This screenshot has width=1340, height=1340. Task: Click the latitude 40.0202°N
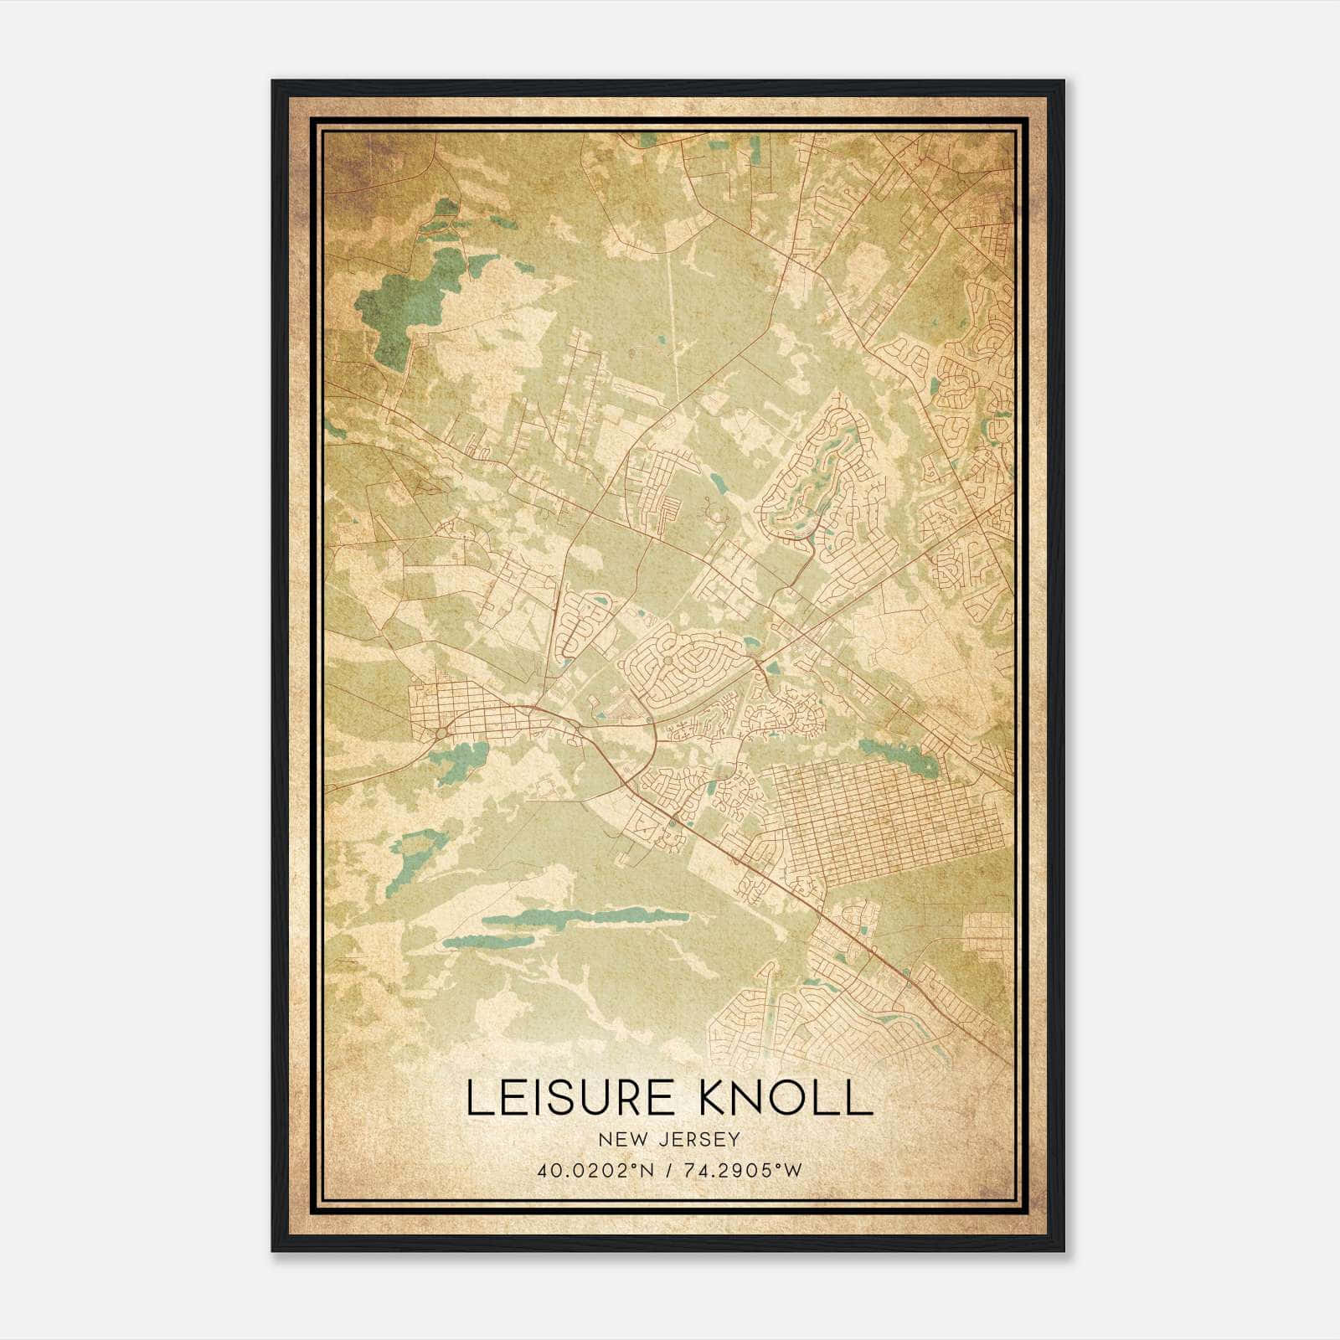[x=594, y=1171]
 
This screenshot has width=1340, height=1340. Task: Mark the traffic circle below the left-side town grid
[x=441, y=734]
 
